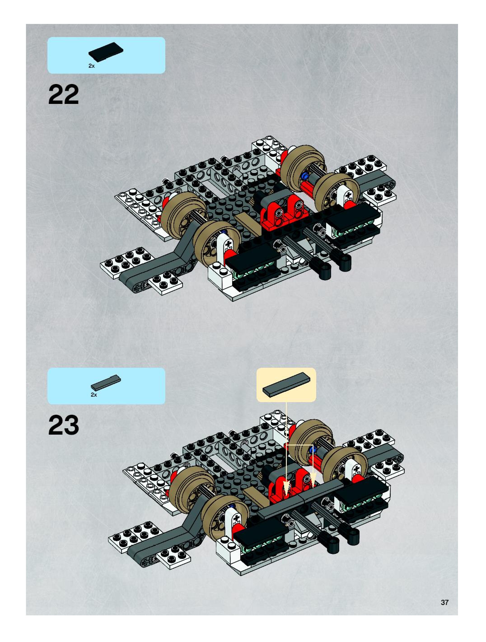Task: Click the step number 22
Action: tap(63, 94)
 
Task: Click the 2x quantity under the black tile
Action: tap(91, 66)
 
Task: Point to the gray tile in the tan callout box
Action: tap(286, 384)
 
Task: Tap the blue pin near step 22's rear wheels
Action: tap(305, 176)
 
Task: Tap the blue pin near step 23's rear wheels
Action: tap(313, 450)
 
